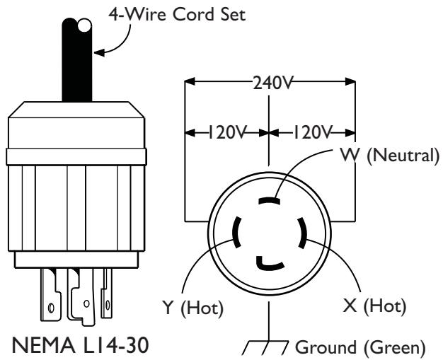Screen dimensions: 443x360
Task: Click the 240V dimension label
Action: (x=272, y=83)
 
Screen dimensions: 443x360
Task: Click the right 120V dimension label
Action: (x=312, y=132)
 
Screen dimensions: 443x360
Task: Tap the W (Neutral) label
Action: (x=390, y=156)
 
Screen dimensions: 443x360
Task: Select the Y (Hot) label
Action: (x=192, y=307)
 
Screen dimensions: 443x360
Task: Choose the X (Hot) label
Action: (x=374, y=306)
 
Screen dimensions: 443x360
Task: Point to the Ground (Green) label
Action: (x=360, y=347)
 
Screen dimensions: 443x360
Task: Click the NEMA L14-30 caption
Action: (x=80, y=345)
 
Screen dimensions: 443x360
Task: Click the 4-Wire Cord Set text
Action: (x=177, y=14)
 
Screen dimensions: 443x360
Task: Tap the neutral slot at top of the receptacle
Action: (x=269, y=201)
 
